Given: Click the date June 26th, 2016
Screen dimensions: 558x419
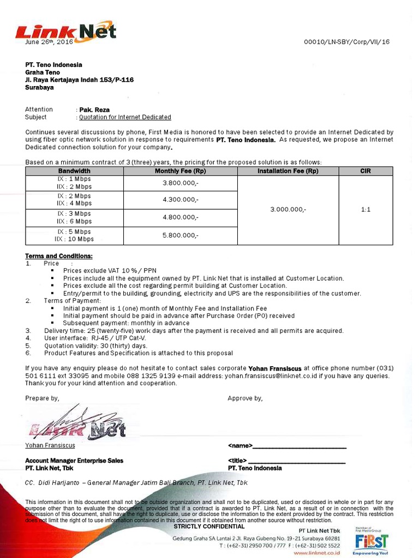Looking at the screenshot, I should [49, 42].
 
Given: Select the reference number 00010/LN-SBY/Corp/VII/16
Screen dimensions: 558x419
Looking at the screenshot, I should [346, 42].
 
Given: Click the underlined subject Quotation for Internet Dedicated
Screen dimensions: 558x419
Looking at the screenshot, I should [125, 117].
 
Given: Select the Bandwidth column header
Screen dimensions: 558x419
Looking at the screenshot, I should [74, 171].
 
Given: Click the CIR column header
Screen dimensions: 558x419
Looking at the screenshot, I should [366, 171].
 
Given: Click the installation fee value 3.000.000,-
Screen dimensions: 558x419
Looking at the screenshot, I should [288, 209].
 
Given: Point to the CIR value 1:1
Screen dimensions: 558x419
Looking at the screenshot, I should [366, 209].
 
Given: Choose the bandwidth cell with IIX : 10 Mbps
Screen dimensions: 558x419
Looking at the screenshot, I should [74, 239].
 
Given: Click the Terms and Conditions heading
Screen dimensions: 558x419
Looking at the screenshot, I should [59, 256].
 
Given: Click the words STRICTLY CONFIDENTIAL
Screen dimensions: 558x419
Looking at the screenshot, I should [209, 526].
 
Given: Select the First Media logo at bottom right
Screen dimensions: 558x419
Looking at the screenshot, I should [371, 541].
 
